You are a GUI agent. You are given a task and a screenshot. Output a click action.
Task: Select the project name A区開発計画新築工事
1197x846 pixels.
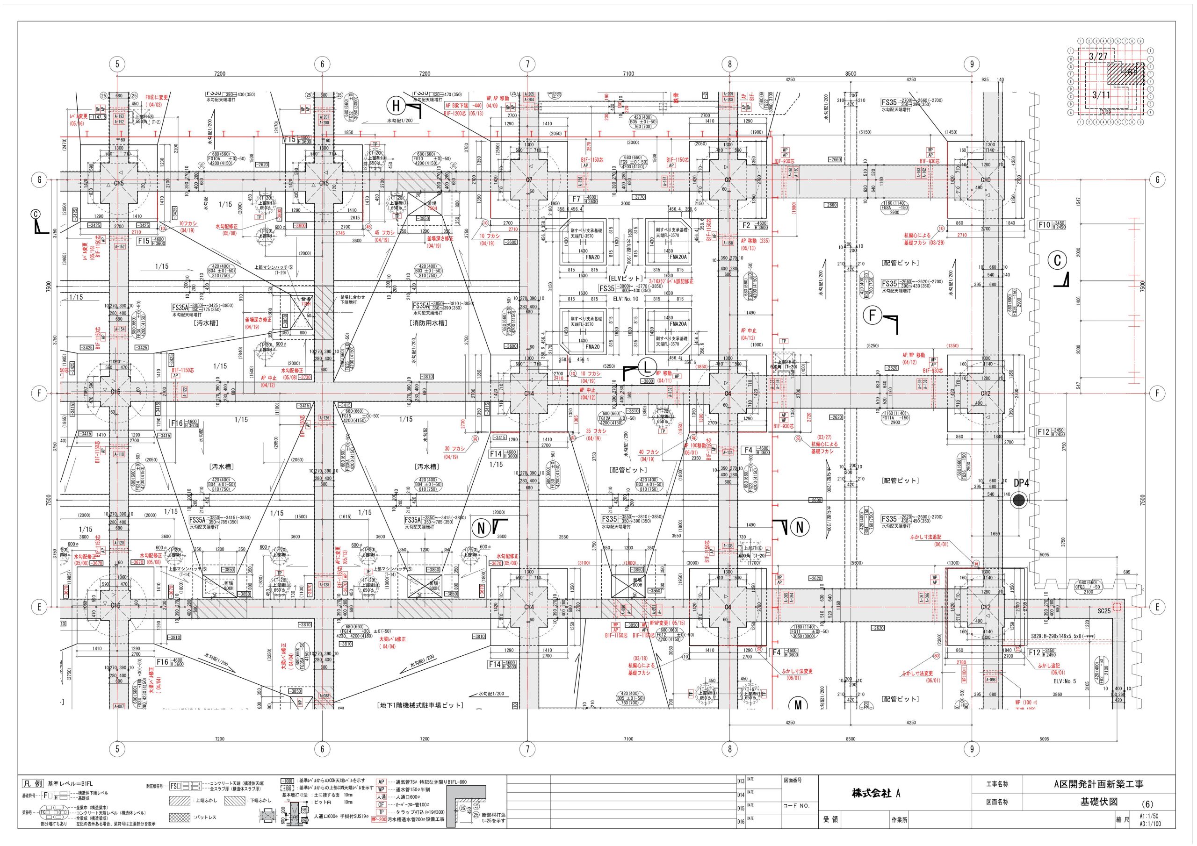click(x=1098, y=784)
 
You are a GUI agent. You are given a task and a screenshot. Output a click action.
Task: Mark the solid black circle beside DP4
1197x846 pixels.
click(x=1018, y=501)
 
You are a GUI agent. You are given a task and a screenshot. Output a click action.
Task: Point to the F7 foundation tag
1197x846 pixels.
click(x=576, y=199)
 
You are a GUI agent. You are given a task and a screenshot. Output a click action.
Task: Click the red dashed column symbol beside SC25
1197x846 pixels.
click(x=1117, y=606)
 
